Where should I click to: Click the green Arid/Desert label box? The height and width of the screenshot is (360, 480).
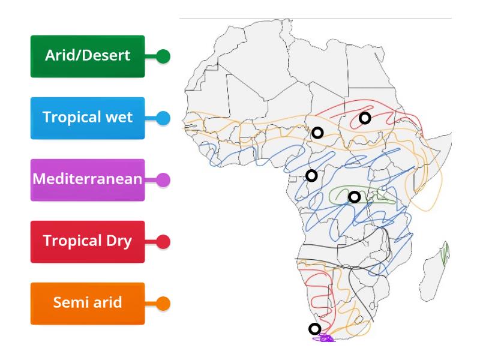pos(88,56)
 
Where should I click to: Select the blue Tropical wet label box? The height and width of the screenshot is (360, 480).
pos(88,118)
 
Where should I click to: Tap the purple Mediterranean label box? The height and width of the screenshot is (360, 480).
pos(88,179)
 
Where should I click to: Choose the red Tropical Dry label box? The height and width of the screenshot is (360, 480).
pos(88,241)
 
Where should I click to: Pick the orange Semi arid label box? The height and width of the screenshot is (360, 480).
pos(88,303)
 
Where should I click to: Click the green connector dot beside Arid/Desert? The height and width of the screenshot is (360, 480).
pos(163,57)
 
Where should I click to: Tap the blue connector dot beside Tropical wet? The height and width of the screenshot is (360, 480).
pos(163,118)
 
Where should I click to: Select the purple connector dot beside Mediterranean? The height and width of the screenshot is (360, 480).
pos(163,179)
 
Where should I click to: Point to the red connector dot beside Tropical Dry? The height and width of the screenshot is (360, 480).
pos(163,241)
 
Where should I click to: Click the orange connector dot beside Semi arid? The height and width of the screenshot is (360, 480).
pos(163,303)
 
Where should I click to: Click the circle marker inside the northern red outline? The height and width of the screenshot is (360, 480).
pos(364,118)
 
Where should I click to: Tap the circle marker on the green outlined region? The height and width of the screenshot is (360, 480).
pos(355,196)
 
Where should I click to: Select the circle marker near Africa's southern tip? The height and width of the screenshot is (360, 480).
pos(314,328)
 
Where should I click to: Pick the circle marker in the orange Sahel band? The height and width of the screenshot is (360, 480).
pos(318,133)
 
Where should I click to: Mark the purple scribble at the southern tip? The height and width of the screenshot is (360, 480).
pos(325,338)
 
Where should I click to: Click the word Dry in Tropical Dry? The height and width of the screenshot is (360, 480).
pos(118,241)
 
